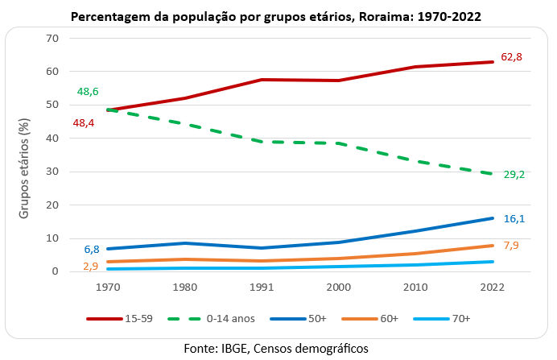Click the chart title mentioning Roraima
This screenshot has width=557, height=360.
click(278, 15)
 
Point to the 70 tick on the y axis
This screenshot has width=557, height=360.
click(52, 38)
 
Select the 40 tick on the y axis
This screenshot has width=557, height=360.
click(52, 138)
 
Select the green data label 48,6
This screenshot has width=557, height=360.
click(88, 93)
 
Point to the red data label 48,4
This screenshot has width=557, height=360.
click(85, 123)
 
